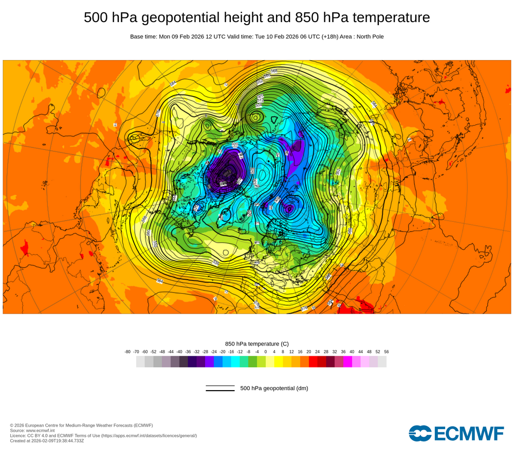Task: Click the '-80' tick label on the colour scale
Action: (127, 352)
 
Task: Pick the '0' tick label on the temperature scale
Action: (266, 352)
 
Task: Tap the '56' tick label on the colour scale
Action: (387, 352)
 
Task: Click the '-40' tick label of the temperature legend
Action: (179, 352)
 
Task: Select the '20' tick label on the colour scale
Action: (309, 352)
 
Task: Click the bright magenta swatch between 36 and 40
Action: (347, 361)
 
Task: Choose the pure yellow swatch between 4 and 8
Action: (279, 361)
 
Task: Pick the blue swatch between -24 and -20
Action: (218, 361)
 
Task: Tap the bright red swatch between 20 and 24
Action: (313, 361)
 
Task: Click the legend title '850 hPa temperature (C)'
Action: (257, 343)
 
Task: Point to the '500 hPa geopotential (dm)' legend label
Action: (274, 388)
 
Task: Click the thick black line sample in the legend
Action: (220, 391)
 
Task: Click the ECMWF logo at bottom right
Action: (456, 433)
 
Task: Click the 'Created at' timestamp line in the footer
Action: (47, 440)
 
